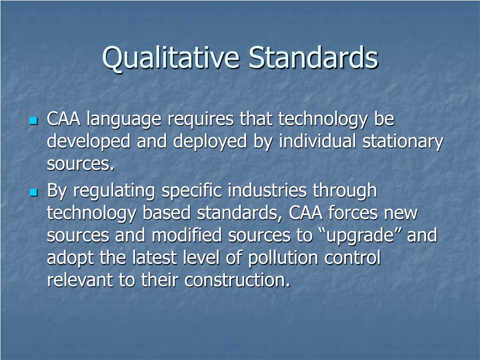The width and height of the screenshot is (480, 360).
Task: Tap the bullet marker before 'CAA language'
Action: tap(33, 121)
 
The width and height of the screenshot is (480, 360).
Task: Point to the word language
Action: tap(123, 120)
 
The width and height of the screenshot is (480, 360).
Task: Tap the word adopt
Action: tap(70, 258)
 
